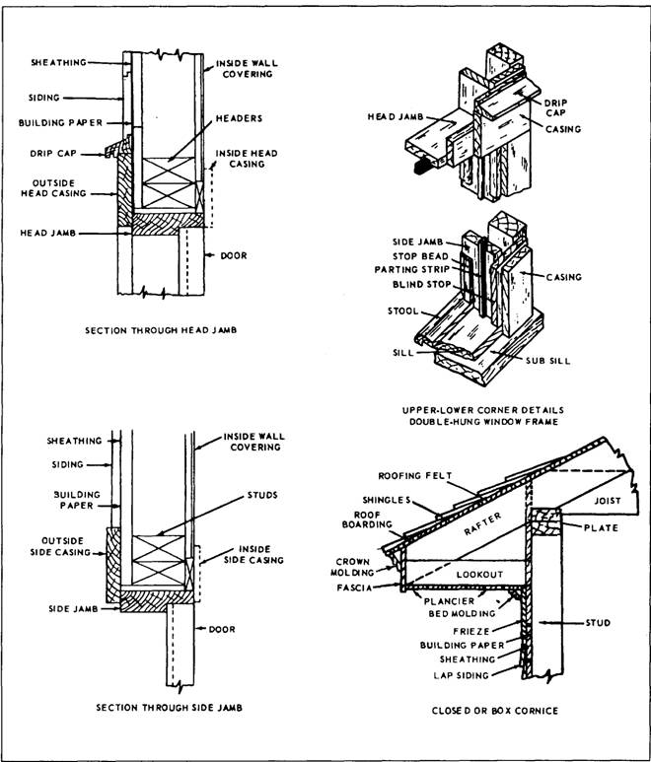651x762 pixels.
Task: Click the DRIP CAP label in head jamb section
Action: pyautogui.click(x=53, y=153)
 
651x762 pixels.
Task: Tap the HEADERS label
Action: pyautogui.click(x=239, y=118)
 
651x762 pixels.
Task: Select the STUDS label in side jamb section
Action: pyautogui.click(x=262, y=495)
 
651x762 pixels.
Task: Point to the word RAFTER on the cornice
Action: pyautogui.click(x=481, y=524)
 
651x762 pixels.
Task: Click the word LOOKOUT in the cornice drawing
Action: pyautogui.click(x=479, y=575)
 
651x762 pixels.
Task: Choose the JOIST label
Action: pyautogui.click(x=608, y=501)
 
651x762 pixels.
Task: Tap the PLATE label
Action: pyautogui.click(x=601, y=527)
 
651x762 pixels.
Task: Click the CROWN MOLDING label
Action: pyautogui.click(x=352, y=567)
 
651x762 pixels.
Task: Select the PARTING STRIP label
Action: pyautogui.click(x=412, y=270)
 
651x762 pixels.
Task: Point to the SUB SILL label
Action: pyautogui.click(x=548, y=361)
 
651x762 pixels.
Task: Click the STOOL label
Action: pyautogui.click(x=403, y=312)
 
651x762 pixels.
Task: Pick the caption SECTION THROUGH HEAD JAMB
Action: pyautogui.click(x=161, y=330)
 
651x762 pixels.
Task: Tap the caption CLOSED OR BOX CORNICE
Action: pyautogui.click(x=495, y=711)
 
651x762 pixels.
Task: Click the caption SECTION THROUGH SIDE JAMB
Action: pyautogui.click(x=170, y=708)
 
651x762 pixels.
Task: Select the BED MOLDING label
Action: pyautogui.click(x=462, y=614)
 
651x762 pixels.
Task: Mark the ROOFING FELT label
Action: pyautogui.click(x=415, y=476)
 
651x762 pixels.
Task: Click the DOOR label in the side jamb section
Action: pyautogui.click(x=222, y=629)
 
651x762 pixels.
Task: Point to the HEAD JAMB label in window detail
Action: pyautogui.click(x=396, y=117)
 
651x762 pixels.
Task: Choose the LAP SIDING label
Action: pyautogui.click(x=462, y=675)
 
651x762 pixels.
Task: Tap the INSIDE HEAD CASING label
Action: pyautogui.click(x=247, y=159)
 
